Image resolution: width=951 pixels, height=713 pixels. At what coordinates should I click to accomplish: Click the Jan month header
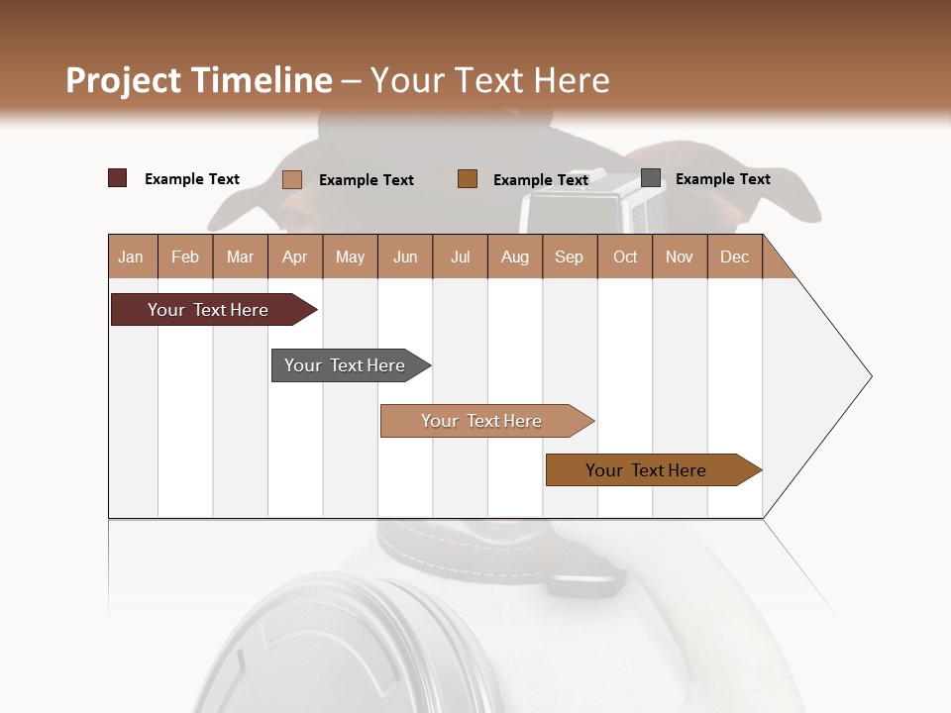click(132, 256)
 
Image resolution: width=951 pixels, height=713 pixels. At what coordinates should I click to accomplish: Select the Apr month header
click(295, 256)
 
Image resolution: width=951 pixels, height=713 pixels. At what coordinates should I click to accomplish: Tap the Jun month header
click(405, 256)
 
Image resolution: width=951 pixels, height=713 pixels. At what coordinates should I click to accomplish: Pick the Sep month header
click(570, 256)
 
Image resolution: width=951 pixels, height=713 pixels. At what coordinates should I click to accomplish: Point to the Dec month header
click(734, 256)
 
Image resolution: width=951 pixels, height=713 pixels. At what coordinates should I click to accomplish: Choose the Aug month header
click(515, 256)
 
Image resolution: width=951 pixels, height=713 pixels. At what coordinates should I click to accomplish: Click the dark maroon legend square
click(118, 178)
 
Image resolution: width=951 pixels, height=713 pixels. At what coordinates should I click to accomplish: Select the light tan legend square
click(292, 179)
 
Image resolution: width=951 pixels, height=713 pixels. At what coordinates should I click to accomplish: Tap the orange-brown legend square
click(468, 178)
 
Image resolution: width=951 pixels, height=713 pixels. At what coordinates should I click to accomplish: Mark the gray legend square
click(651, 178)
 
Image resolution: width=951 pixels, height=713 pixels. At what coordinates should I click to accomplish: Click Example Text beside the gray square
click(722, 179)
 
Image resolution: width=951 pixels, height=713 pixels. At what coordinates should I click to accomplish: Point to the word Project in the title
click(123, 80)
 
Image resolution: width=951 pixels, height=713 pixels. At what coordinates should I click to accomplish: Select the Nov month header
click(680, 256)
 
